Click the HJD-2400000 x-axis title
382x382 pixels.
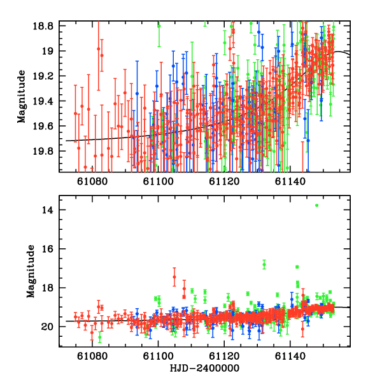[205, 369]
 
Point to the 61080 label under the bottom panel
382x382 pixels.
[92, 357]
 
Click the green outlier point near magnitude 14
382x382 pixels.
[316, 205]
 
